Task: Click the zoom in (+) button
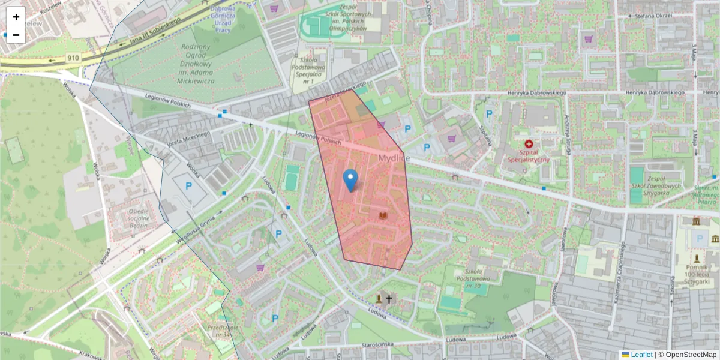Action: (16, 17)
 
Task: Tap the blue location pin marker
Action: (350, 179)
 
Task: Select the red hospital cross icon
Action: (529, 144)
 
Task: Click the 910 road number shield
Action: (73, 58)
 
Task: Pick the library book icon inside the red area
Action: (382, 215)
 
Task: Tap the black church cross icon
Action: (389, 298)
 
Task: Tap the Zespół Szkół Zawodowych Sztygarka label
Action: (658, 185)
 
